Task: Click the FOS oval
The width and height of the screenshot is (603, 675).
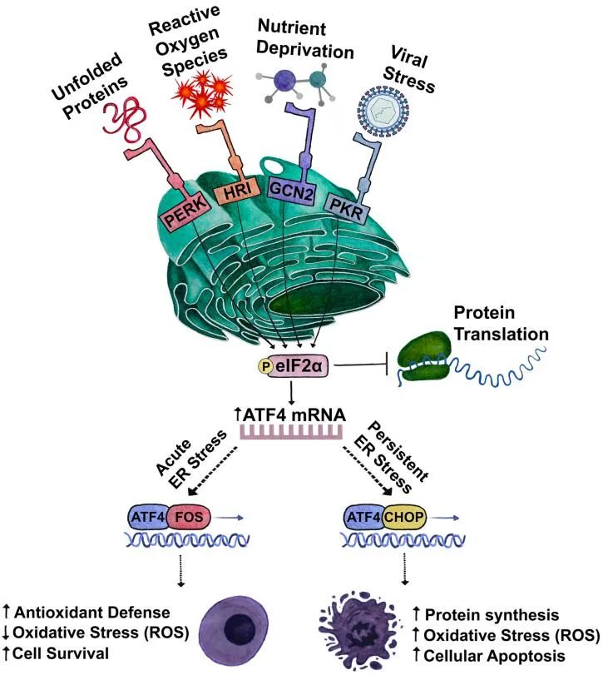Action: pyautogui.click(x=190, y=519)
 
